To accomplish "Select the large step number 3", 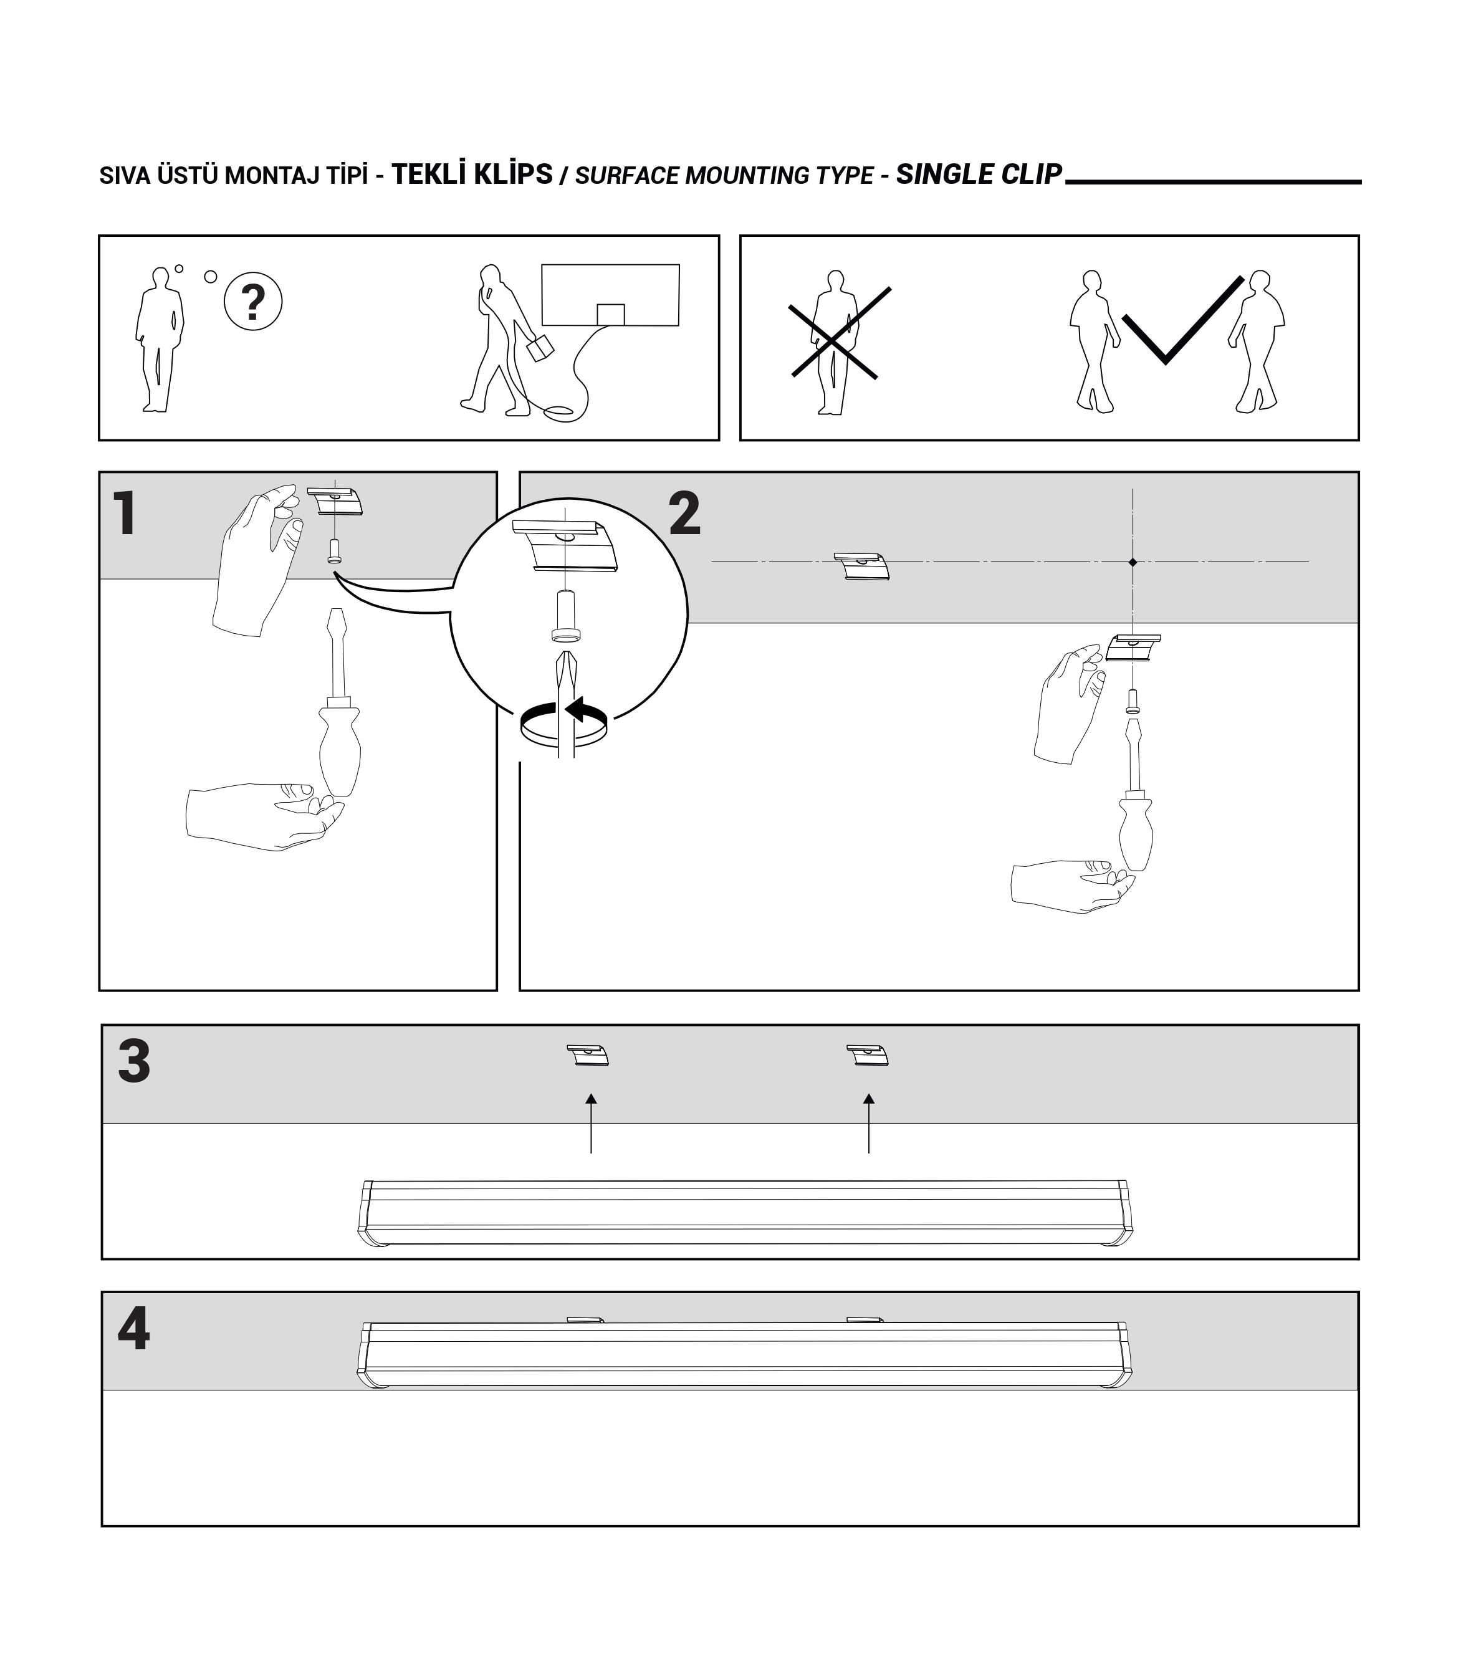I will point(134,1061).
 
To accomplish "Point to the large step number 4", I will point(134,1329).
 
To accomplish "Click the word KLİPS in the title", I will point(513,175).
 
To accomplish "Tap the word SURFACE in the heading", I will point(628,176).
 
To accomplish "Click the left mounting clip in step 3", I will point(588,1056).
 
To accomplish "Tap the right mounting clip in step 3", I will point(868,1056).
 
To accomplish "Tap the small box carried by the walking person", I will point(540,348).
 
